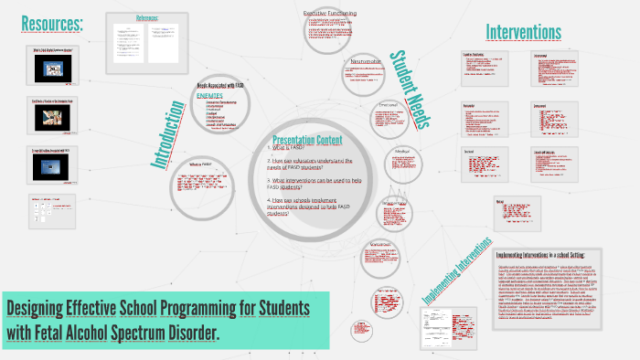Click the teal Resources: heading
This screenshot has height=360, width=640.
52,23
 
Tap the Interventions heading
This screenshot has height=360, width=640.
523,33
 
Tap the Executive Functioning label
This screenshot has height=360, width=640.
330,13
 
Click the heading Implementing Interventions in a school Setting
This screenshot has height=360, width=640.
547,254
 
